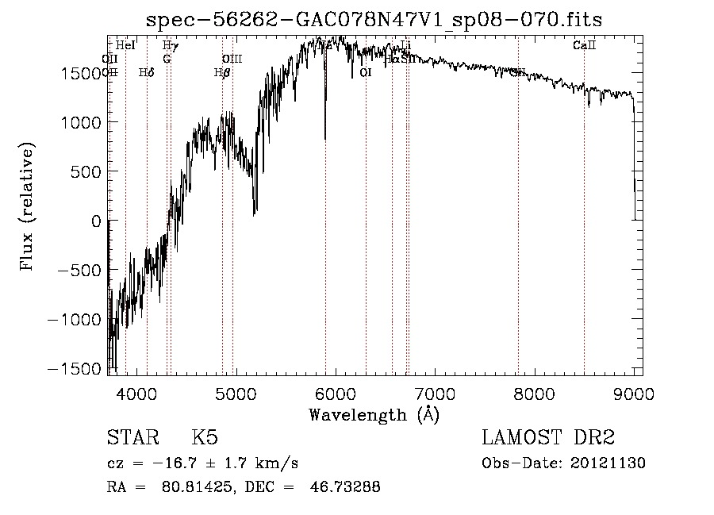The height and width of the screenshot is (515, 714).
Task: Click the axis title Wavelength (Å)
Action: coord(374,414)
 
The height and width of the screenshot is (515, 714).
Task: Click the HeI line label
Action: coord(125,46)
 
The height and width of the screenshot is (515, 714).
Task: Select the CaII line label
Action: coord(584,46)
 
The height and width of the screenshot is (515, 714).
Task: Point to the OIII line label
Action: coord(232,60)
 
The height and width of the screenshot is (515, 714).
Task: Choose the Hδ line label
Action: coord(146,73)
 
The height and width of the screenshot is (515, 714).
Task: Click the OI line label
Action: coord(365,73)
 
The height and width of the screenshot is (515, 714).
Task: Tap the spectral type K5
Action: coord(205,438)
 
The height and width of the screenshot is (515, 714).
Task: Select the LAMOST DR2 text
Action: coord(548,438)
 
